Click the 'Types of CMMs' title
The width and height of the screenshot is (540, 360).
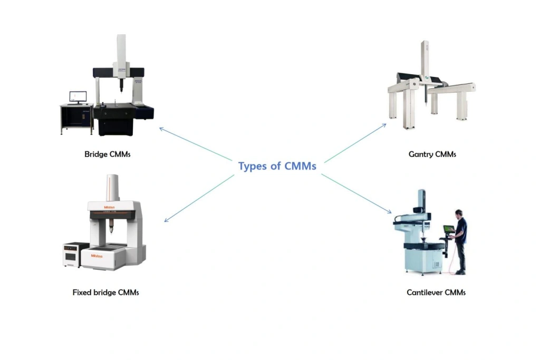point(277,166)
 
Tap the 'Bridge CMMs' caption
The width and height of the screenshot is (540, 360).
point(108,154)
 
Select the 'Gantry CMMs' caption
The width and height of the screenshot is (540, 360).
point(432,154)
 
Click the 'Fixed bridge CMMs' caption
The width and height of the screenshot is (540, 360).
point(105,292)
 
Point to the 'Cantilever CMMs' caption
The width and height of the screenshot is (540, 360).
point(436,292)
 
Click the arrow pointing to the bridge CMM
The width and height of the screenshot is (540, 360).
point(196,144)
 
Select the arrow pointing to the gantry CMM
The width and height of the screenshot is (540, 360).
point(355,143)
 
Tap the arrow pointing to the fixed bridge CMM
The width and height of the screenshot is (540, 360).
point(199,198)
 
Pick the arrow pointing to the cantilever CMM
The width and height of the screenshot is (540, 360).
point(356,194)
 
